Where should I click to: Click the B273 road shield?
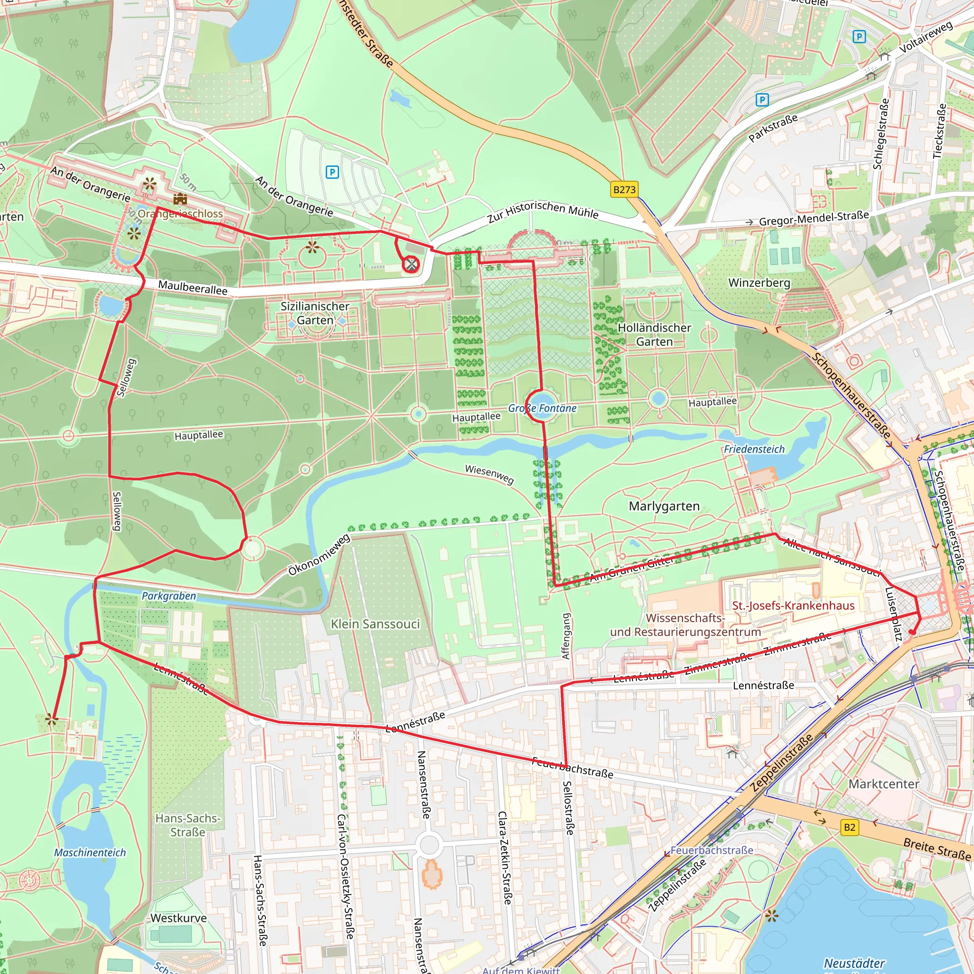[x=624, y=190]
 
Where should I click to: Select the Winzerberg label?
[x=759, y=283]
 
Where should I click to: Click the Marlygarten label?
[x=664, y=506]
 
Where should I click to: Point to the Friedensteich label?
[x=754, y=449]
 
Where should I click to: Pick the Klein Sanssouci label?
[x=375, y=624]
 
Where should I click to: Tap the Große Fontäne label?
[x=542, y=409]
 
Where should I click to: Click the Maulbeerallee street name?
[x=193, y=287]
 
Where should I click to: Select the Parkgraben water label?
[x=168, y=596]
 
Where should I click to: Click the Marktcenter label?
[x=884, y=784]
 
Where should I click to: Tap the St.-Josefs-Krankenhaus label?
[x=793, y=605]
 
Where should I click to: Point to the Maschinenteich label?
[x=90, y=853]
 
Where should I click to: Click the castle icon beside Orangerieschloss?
[x=180, y=199]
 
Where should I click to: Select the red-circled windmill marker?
[x=411, y=264]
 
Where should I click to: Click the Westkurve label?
[x=178, y=918]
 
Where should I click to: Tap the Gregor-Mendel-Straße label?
[x=814, y=218]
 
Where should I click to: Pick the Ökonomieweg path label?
[x=319, y=555]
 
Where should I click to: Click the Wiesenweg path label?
[x=489, y=474]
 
